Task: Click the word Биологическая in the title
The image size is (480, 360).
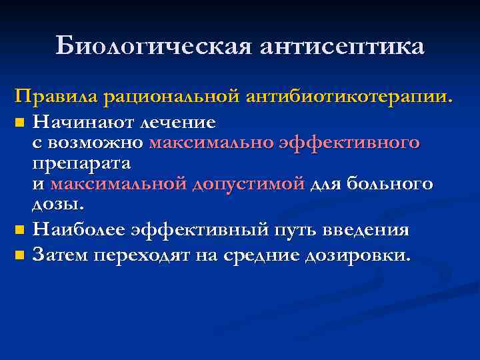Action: coord(153,46)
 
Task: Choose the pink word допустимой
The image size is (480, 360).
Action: coord(248,183)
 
